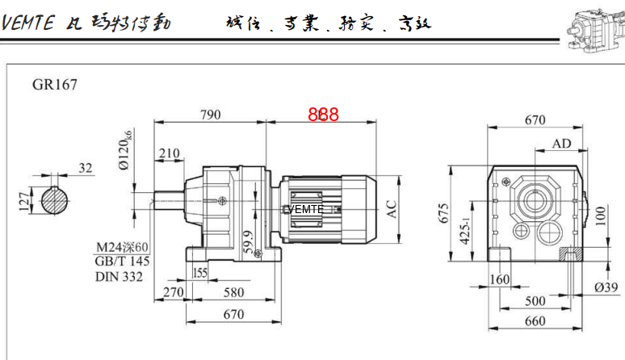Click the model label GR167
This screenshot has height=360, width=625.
55,83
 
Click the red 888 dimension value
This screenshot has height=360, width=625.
323,115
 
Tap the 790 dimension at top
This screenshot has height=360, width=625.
210,115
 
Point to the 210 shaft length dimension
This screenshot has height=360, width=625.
169,153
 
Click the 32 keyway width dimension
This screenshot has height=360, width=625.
86,168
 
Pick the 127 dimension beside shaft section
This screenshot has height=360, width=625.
23,199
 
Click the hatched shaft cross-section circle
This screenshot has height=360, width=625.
53,200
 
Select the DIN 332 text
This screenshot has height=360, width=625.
119,277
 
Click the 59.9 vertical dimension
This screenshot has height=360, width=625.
247,241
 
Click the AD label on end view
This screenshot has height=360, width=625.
561,144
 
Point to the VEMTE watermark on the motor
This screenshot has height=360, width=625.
303,209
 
